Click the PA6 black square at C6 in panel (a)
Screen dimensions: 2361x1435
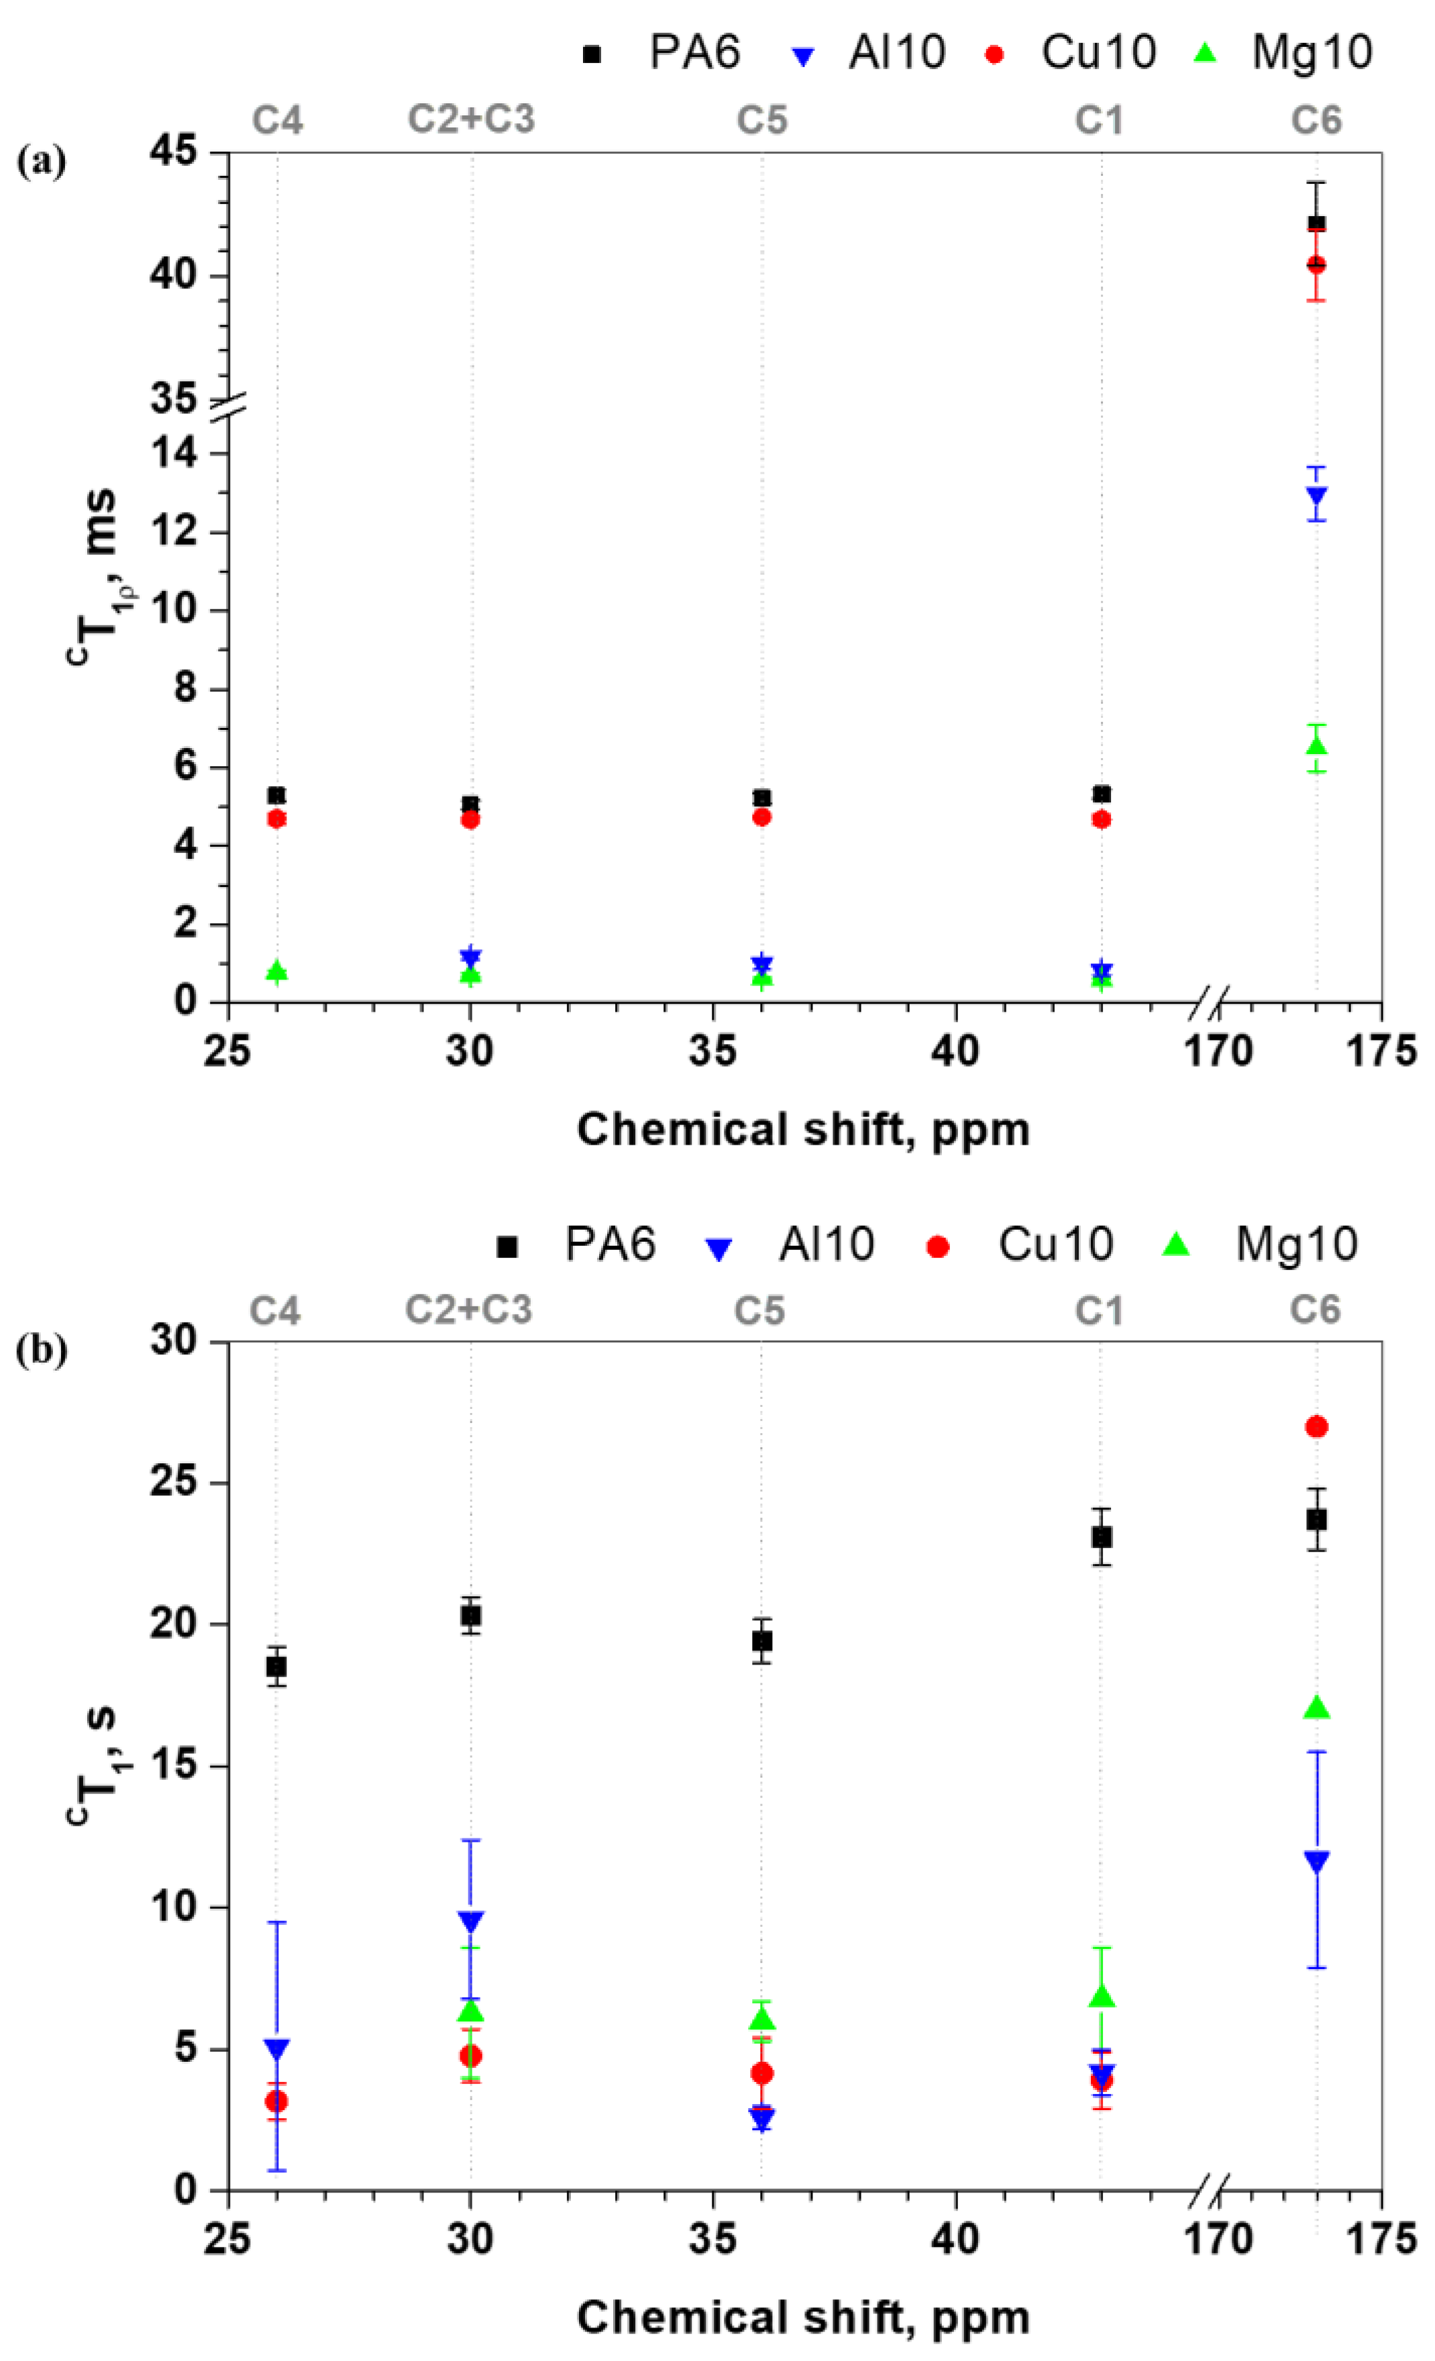[x=1316, y=223]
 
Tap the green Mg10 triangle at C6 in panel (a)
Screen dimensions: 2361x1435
[x=1316, y=745]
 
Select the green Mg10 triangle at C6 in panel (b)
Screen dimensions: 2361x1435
[x=1317, y=1708]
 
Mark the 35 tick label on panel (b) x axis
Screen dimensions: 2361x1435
[x=712, y=2240]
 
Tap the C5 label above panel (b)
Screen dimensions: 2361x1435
[x=759, y=1310]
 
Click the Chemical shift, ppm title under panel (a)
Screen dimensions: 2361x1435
[x=803, y=1130]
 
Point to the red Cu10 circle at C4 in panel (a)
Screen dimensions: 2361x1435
[x=277, y=819]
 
